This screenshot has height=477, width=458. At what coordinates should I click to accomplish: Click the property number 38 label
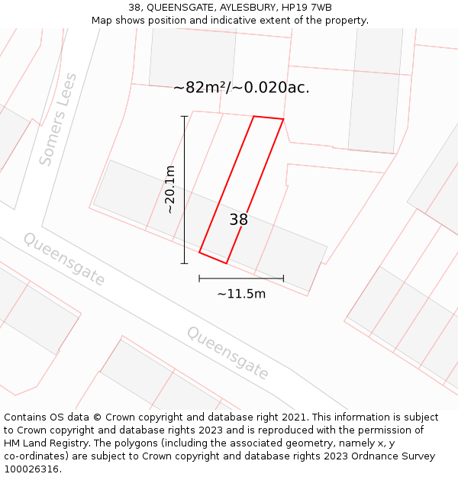[238, 220]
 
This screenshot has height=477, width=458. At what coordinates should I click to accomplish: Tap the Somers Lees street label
[58, 119]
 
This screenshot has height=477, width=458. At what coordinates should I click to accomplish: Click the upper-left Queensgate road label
[64, 259]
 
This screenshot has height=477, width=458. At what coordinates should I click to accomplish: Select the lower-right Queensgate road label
[228, 353]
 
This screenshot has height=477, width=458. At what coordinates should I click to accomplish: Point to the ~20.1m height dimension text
[169, 189]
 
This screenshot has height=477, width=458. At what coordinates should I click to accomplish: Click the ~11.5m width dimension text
[241, 294]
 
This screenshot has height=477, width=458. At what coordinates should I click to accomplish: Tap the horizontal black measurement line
[241, 279]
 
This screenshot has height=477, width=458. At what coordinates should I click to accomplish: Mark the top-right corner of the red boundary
[283, 120]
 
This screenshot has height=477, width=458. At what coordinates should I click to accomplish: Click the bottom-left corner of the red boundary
[199, 252]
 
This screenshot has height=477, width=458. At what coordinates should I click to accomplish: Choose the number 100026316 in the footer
[31, 469]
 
